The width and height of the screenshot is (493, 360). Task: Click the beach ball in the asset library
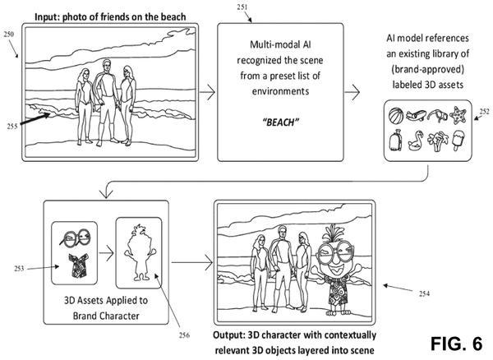tap(396, 116)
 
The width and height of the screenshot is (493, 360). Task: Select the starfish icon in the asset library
tap(458, 115)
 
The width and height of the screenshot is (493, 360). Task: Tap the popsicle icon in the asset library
tap(458, 140)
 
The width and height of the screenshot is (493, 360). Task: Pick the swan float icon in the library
tap(415, 141)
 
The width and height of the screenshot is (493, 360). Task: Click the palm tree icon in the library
tap(437, 141)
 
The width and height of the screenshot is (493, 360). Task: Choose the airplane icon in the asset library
tap(416, 115)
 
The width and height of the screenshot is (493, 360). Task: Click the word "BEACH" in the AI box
tap(280, 122)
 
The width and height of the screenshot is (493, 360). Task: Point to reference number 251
tap(242, 7)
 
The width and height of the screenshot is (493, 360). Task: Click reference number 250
tap(9, 34)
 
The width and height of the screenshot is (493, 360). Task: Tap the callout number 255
tap(12, 127)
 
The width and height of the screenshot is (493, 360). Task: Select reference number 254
tap(424, 293)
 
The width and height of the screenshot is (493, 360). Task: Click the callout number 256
tap(184, 335)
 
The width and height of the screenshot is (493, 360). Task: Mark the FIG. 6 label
tap(456, 344)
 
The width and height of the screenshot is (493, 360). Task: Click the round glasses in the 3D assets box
tap(75, 238)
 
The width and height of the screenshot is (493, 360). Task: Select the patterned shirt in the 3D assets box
tap(78, 265)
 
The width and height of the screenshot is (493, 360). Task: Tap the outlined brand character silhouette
tap(140, 252)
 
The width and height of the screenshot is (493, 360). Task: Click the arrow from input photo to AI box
tap(207, 92)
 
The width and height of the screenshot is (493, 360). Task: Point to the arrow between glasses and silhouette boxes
tap(106, 253)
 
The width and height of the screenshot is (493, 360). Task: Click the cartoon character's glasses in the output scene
tap(335, 252)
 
